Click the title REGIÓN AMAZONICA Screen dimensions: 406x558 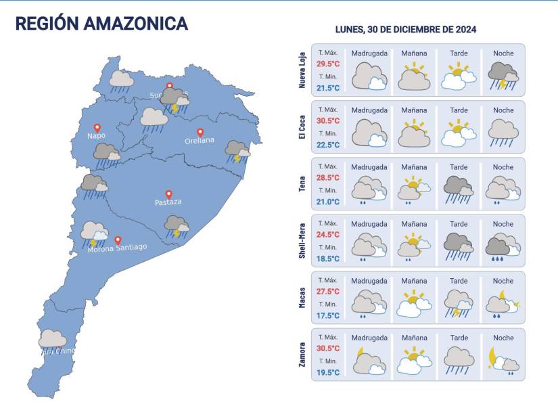tap(101, 24)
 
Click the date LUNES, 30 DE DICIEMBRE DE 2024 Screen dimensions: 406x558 tap(406, 30)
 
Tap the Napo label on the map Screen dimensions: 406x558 tap(96, 135)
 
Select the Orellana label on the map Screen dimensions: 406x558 tap(200, 141)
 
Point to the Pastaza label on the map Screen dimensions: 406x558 tap(168, 202)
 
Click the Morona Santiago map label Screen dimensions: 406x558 tap(117, 248)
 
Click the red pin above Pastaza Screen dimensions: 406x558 tap(168, 194)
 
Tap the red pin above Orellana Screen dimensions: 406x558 tap(200, 132)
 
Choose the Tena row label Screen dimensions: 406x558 tap(302, 183)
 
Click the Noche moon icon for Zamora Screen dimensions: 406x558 tap(496, 355)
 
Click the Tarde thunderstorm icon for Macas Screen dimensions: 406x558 tap(459, 304)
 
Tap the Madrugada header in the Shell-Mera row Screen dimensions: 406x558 tap(369, 224)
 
